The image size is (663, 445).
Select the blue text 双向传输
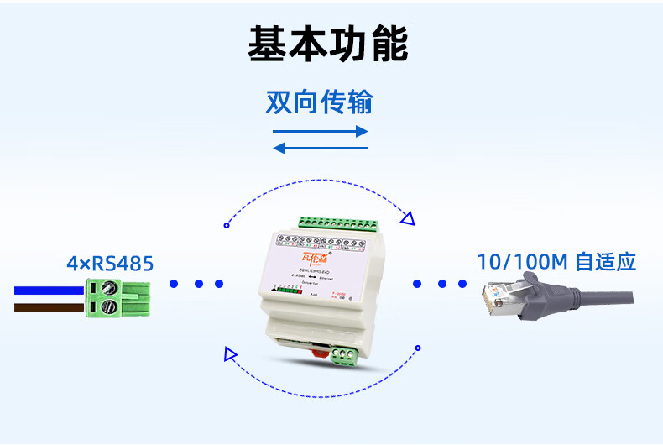click(x=319, y=102)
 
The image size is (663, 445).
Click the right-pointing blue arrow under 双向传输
click(x=321, y=132)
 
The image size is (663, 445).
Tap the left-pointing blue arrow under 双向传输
click(x=321, y=149)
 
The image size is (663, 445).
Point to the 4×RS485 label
click(x=110, y=264)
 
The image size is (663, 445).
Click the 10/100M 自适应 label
click(x=556, y=261)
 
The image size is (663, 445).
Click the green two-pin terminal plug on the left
click(x=120, y=299)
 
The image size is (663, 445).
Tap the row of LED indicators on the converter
click(x=287, y=290)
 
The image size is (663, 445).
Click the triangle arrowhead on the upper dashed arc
click(x=407, y=220)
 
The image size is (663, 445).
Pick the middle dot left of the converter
click(x=198, y=284)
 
